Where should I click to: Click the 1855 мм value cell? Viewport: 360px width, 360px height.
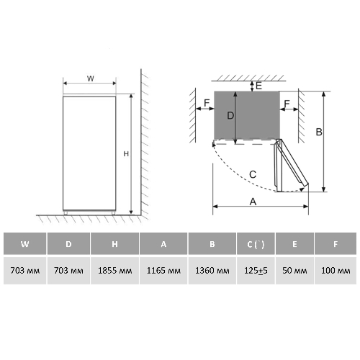pyautogui.click(x=114, y=271)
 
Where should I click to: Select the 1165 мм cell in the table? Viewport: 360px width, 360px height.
pyautogui.click(x=163, y=271)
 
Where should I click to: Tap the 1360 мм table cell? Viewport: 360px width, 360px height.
pyautogui.click(x=212, y=271)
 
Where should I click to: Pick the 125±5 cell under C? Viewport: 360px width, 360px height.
pyautogui.click(x=256, y=271)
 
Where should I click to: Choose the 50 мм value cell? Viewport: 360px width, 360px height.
pyautogui.click(x=294, y=271)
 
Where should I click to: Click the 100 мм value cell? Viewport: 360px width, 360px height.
pyautogui.click(x=336, y=271)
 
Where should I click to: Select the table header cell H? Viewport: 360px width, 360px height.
pyautogui.click(x=114, y=243)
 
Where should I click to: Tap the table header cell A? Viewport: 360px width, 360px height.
pyautogui.click(x=163, y=243)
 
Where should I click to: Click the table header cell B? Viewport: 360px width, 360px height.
pyautogui.click(x=212, y=243)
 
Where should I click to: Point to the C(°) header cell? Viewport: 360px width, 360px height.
pyautogui.click(x=256, y=243)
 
